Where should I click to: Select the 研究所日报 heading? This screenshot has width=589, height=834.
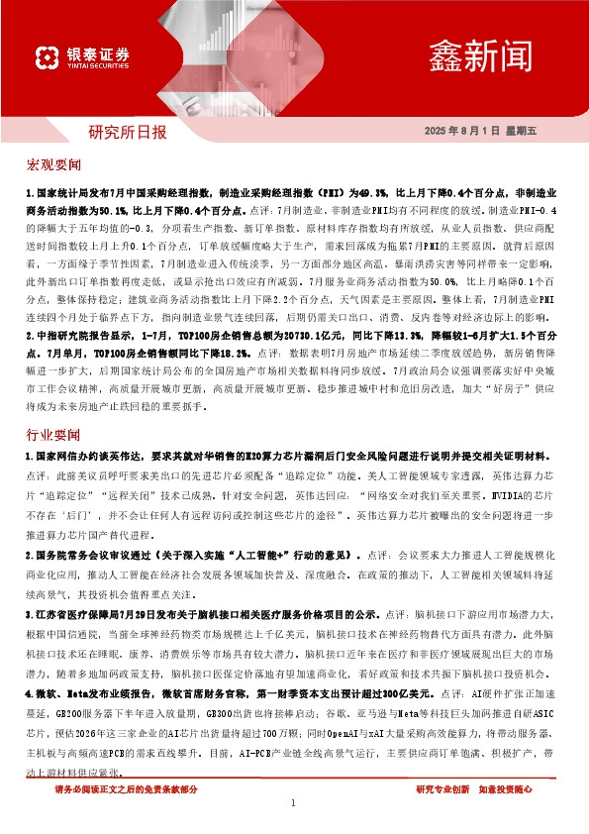point(128,131)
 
